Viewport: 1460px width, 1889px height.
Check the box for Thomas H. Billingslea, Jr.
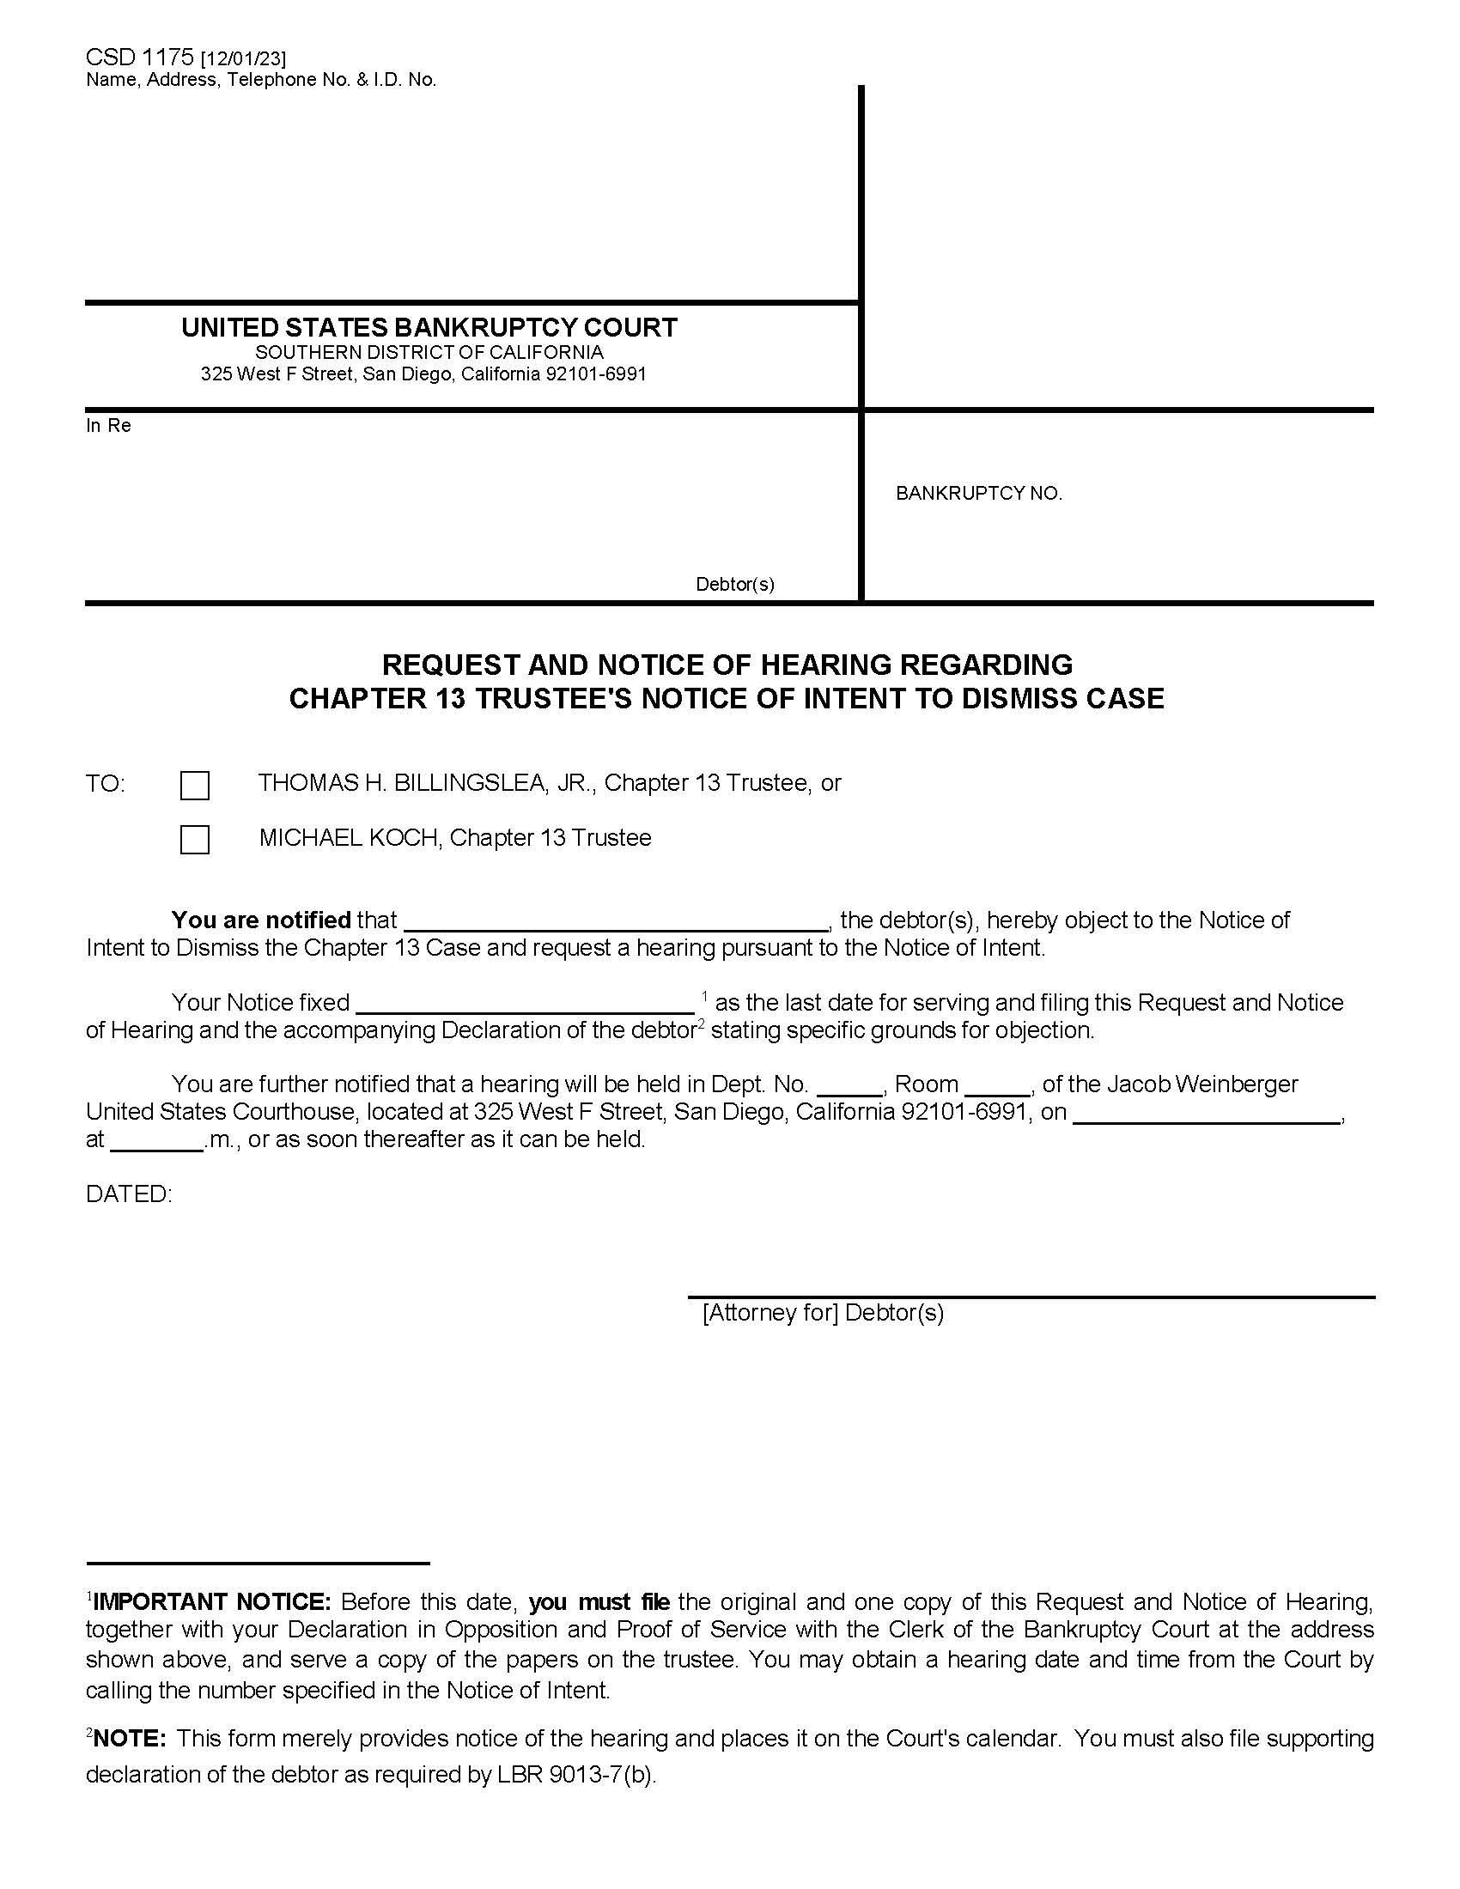point(195,786)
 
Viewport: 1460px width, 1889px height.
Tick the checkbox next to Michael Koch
point(195,840)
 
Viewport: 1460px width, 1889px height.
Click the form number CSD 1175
point(139,58)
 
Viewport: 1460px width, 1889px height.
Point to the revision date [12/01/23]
point(243,58)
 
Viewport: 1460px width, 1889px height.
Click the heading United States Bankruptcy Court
point(429,327)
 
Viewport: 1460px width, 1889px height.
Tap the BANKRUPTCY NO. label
point(978,493)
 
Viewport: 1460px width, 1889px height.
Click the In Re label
point(108,426)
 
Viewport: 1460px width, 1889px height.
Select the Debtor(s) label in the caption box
point(734,584)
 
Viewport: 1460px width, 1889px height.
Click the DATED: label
point(129,1194)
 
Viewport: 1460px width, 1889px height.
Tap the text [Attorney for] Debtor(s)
point(823,1313)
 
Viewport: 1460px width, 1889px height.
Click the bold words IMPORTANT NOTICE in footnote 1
point(211,1602)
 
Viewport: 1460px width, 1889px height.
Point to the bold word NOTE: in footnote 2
point(129,1739)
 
